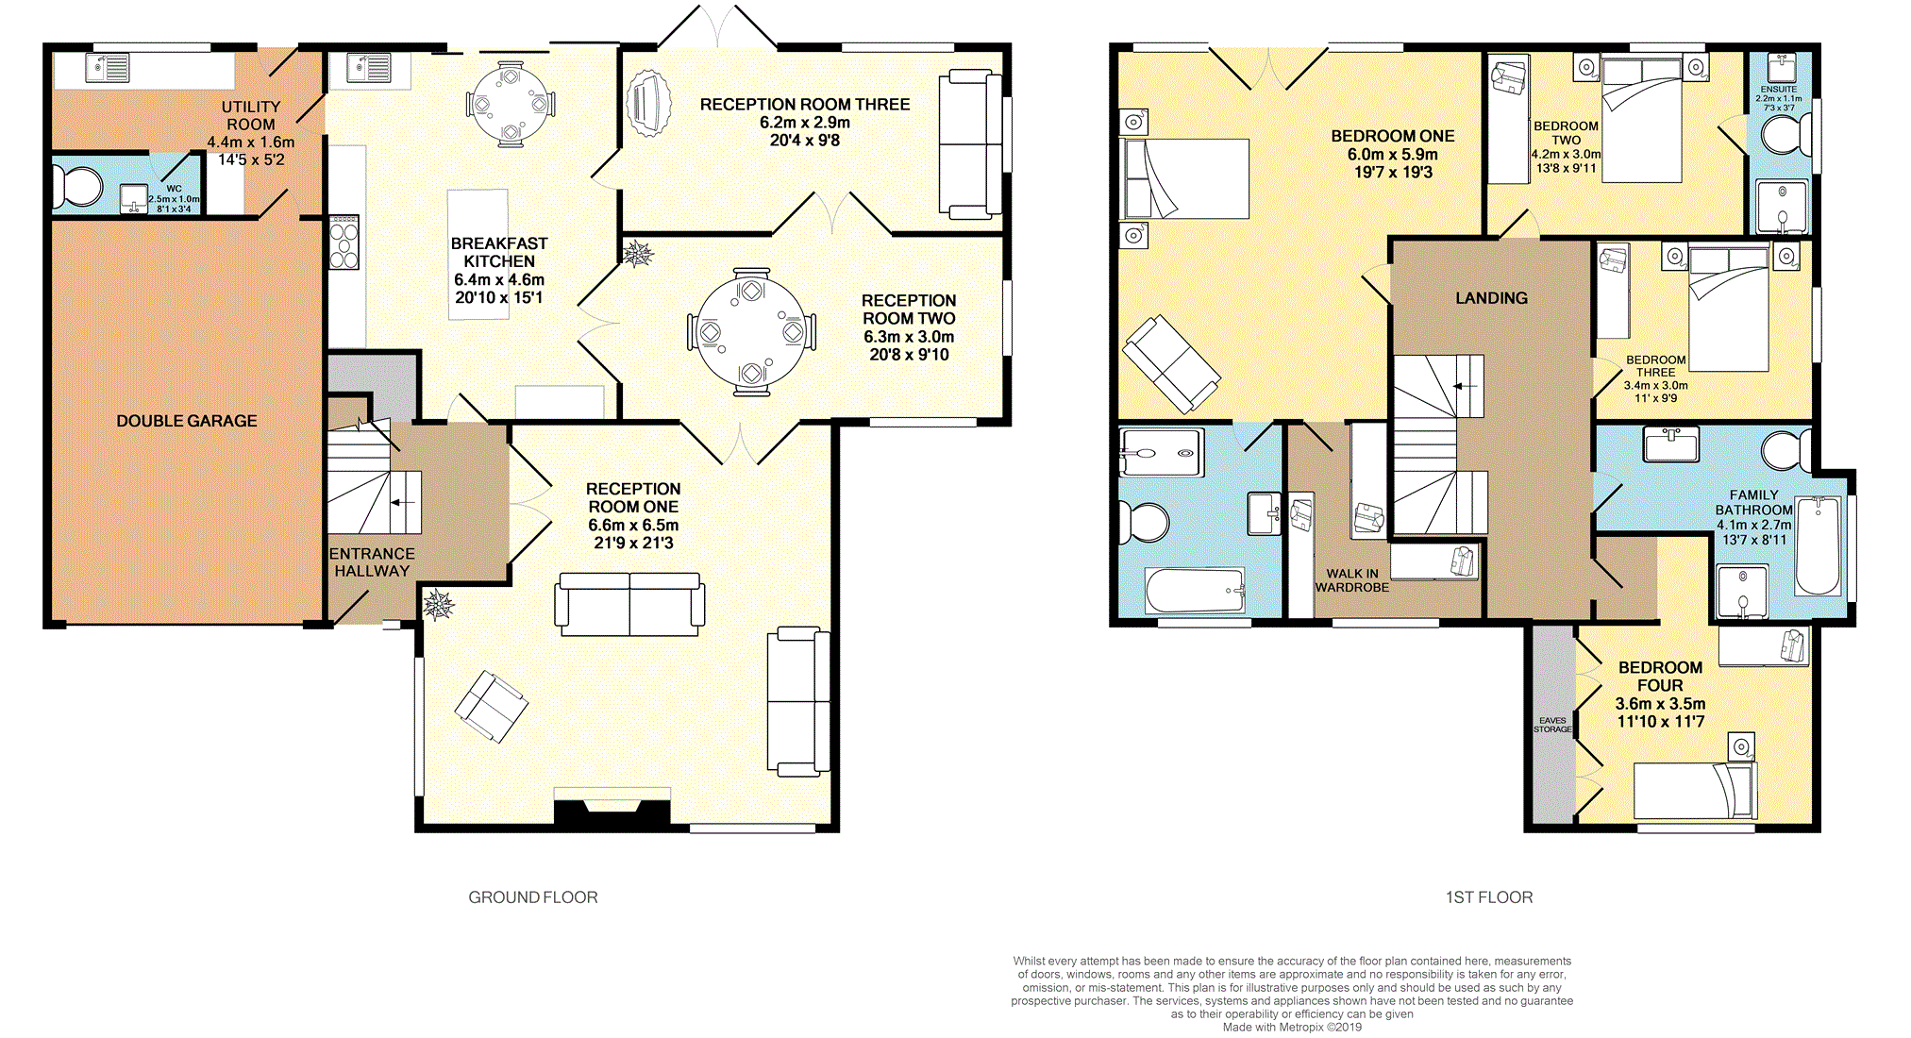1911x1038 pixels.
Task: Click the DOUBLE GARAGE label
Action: pyautogui.click(x=186, y=421)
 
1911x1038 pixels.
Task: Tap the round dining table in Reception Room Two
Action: pyautogui.click(x=751, y=332)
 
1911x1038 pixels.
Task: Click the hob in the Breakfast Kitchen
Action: pyautogui.click(x=344, y=243)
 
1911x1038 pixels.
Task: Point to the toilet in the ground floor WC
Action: pyautogui.click(x=77, y=187)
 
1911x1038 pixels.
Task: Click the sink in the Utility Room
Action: pyautogui.click(x=108, y=68)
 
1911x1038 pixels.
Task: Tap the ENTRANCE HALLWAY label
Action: pyautogui.click(x=372, y=562)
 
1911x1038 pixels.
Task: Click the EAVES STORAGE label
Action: pyautogui.click(x=1552, y=725)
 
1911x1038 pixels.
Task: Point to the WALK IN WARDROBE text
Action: pyautogui.click(x=1352, y=580)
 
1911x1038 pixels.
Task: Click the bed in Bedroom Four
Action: pyautogui.click(x=1694, y=791)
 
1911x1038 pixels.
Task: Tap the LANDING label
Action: pyautogui.click(x=1491, y=298)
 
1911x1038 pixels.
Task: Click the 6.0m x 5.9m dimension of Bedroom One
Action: pyautogui.click(x=1393, y=154)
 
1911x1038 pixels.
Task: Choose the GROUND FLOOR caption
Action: pyautogui.click(x=533, y=897)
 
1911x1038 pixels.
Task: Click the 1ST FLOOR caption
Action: pyautogui.click(x=1489, y=897)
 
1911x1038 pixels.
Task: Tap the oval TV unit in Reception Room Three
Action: pyautogui.click(x=648, y=103)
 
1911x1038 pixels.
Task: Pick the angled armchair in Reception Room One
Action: pyautogui.click(x=491, y=706)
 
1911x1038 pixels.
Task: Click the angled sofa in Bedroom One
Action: pyautogui.click(x=1171, y=364)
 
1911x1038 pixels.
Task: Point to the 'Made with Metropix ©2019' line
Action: pyautogui.click(x=1292, y=1028)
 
